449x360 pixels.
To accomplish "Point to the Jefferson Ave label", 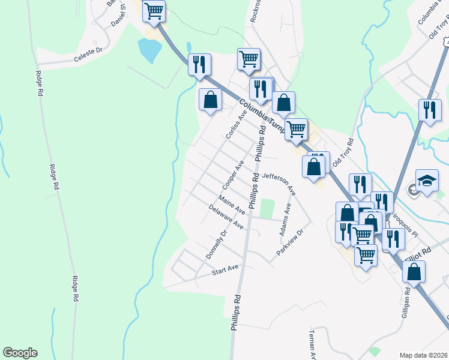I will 279,182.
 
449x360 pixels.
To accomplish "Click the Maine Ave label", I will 231,205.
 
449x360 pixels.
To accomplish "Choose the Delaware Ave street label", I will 225,217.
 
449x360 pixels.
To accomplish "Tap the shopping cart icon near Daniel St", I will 154,10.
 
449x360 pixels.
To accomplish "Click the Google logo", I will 20,353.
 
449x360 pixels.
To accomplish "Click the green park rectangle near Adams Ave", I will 267,209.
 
